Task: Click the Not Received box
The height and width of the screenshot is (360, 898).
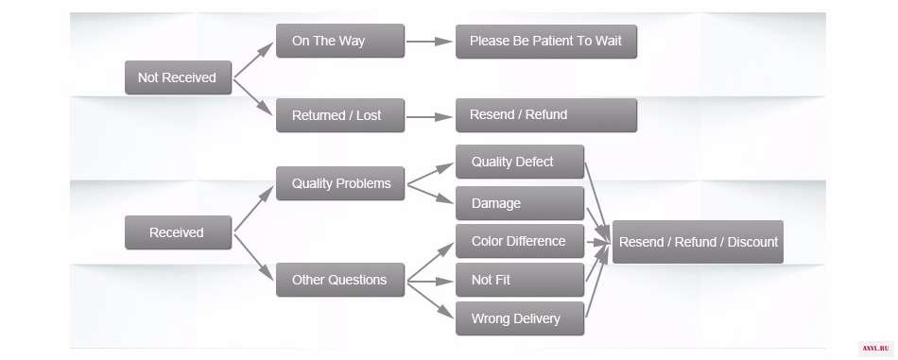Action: [x=178, y=77]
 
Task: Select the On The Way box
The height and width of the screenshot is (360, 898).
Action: [x=340, y=41]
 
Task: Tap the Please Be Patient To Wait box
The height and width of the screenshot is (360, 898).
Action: [x=546, y=42]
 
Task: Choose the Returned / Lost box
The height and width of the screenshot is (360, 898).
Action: [x=340, y=115]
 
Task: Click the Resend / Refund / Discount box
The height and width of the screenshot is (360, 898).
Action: [x=699, y=242]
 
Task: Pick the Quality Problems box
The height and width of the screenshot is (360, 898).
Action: [x=340, y=183]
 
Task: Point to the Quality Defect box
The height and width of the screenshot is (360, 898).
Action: [x=520, y=162]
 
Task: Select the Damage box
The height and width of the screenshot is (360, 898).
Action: [x=520, y=203]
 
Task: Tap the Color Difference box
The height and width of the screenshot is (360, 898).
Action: [x=520, y=241]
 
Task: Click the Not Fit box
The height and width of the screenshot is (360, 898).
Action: [x=520, y=280]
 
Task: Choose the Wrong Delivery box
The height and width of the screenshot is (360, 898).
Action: [x=520, y=318]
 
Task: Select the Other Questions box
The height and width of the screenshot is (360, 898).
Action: [x=340, y=280]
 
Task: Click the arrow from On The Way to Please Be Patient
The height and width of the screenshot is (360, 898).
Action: [x=429, y=42]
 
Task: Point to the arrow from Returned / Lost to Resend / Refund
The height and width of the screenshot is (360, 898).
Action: [x=429, y=117]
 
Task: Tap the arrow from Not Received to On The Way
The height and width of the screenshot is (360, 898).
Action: [x=254, y=60]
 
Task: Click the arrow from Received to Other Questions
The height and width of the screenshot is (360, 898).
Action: [x=254, y=257]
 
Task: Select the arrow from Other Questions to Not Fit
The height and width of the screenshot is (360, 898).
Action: [x=430, y=282]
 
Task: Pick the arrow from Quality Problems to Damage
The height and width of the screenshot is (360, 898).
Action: [x=430, y=194]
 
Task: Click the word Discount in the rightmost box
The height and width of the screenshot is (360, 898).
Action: [x=752, y=242]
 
